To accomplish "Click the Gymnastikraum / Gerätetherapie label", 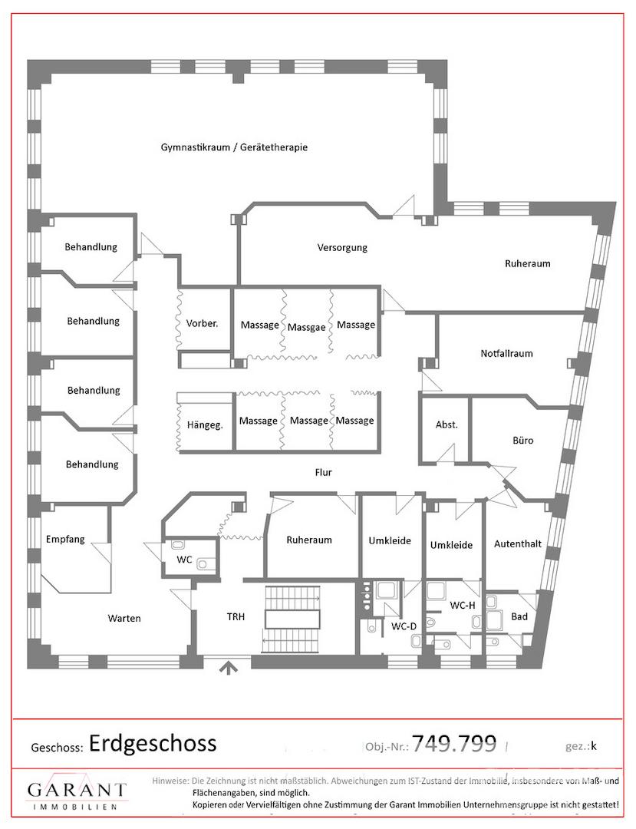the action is coord(234,147).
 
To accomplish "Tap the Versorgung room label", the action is coord(342,247).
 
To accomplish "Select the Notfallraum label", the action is coord(506,353).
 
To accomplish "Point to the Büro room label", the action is coord(523,440).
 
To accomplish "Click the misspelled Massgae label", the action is coord(306,328).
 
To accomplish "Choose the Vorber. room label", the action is coord(203,323).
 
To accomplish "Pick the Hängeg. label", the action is coord(204,425).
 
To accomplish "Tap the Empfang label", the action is coord(65,540).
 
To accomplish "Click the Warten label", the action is coord(124,618).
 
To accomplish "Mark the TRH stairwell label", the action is coord(236,616).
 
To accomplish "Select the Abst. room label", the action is coord(447,424).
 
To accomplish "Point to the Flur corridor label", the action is coord(323,472).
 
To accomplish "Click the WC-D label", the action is coord(404,626).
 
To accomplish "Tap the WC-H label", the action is coord(462,606).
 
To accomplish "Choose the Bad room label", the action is coord(519,616).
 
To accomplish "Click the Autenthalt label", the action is coord(518,543).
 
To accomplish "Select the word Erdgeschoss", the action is coord(153,744).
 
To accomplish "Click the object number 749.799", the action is coord(454,743).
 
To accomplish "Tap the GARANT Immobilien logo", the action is coord(77,791).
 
